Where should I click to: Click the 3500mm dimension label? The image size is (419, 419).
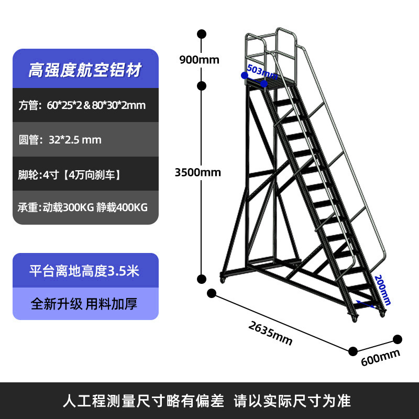click(x=197, y=172)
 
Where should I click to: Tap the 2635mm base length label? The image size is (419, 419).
click(x=270, y=333)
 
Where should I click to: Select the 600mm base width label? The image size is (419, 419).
click(x=380, y=357)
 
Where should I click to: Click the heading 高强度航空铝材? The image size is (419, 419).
click(x=85, y=70)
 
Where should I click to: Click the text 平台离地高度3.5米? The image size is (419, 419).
click(x=85, y=271)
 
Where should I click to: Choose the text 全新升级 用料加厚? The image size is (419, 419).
click(x=85, y=304)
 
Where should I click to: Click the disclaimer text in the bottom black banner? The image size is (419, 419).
click(x=206, y=401)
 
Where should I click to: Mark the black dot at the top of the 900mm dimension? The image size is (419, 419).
click(x=201, y=35)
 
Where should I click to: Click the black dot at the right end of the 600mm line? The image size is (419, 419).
click(x=398, y=339)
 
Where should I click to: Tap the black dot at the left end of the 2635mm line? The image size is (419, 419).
click(x=212, y=293)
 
